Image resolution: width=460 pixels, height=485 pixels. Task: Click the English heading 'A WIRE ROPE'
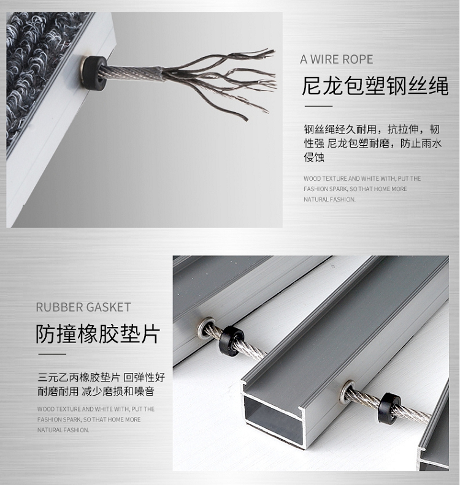coord(336,59)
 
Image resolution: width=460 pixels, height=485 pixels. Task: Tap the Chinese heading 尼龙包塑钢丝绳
coord(375,86)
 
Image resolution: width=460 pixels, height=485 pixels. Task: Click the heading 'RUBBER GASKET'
coord(83,307)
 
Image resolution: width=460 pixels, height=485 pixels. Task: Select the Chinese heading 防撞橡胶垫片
coord(98,334)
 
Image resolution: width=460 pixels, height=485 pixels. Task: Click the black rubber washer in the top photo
coord(94,73)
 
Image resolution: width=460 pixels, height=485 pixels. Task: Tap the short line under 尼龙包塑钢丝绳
coord(318,106)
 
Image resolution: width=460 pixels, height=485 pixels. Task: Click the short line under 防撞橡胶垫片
coord(52,354)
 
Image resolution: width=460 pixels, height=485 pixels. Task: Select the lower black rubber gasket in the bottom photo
coord(389,408)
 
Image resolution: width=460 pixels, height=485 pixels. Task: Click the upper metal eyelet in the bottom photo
coord(206,328)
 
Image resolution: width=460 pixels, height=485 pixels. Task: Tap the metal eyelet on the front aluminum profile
coord(348,392)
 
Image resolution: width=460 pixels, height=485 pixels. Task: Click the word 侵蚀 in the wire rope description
coord(314,157)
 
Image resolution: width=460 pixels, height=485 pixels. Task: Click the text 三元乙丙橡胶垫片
coord(79,377)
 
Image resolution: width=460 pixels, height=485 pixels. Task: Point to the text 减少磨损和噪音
coord(118,391)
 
